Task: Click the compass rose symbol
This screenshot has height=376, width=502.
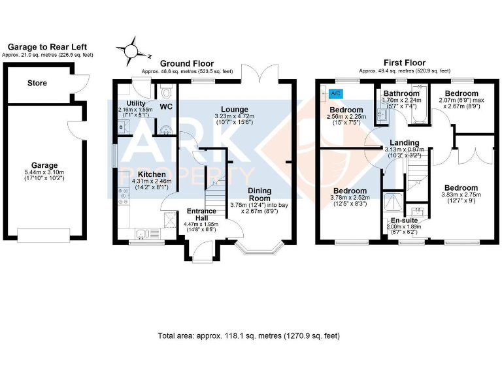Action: [x=133, y=50]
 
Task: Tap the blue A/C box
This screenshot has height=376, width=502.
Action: [x=335, y=93]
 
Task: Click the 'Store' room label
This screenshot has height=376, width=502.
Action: [x=37, y=84]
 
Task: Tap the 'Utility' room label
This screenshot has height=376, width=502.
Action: [x=136, y=103]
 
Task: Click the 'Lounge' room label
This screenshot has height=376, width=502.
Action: [x=233, y=109]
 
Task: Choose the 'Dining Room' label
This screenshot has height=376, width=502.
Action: [x=259, y=194]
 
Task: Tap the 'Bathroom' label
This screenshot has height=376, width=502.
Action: [x=401, y=93]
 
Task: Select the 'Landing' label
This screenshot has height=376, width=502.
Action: [x=404, y=142]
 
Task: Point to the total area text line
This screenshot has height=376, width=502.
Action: [x=248, y=336]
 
